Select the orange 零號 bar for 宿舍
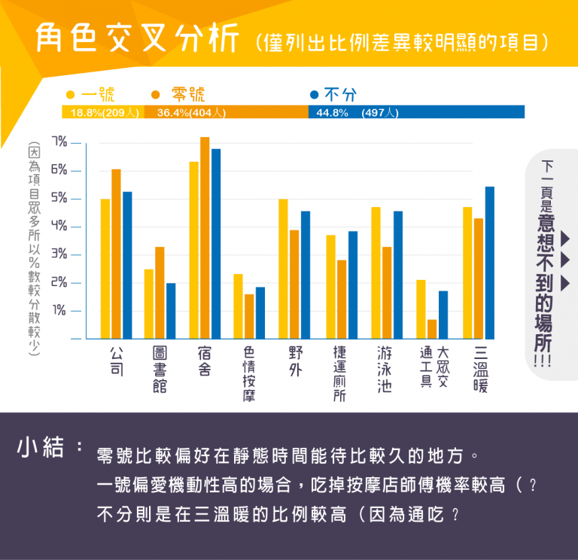tap(205, 238)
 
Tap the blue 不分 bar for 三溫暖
tap(490, 263)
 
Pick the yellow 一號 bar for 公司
tap(105, 269)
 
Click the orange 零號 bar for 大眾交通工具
tap(432, 329)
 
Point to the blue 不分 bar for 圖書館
tap(171, 311)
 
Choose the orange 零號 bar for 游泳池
tap(387, 293)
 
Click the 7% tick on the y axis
tap(59, 142)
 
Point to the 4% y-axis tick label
tap(59, 227)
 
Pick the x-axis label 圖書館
tap(160, 369)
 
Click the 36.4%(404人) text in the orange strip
tap(191, 113)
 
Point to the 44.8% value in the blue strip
tap(331, 113)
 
